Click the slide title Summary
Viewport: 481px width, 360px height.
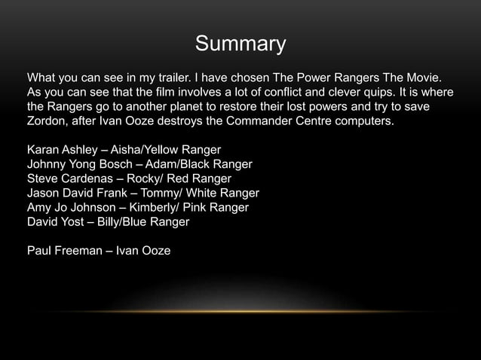(240, 44)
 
